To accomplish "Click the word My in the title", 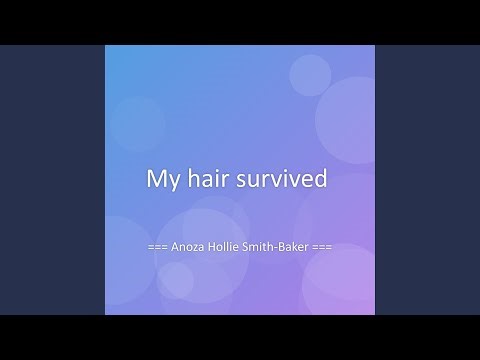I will (162, 181).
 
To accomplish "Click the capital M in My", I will (156, 180).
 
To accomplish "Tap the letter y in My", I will (171, 183).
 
